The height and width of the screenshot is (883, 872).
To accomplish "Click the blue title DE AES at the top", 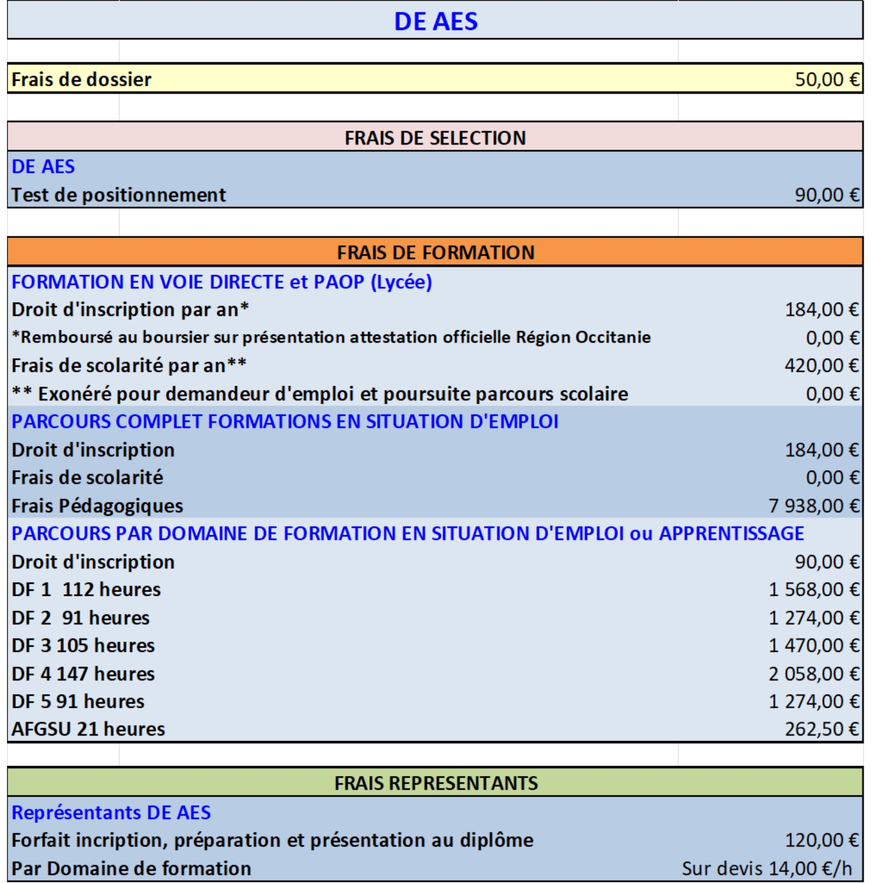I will point(435,21).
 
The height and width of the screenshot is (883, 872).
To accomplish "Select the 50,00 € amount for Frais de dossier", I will point(827,80).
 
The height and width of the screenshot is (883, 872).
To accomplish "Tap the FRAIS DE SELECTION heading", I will point(435,138).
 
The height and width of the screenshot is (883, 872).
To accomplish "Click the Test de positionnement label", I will point(119,195).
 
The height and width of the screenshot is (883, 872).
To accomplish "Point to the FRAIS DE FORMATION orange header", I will point(435,253).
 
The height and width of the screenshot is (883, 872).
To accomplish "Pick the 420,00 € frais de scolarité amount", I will point(821,365).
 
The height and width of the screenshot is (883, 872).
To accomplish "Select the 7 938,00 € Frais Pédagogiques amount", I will point(814,506).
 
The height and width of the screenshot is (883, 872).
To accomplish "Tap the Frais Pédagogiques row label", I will point(97,506).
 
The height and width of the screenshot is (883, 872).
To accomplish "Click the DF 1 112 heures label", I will point(86,590).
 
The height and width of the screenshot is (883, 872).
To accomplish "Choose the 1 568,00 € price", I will point(814,590).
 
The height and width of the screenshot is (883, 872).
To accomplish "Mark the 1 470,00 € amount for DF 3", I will point(814,645).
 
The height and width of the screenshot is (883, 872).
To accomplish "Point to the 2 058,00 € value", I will point(814,674).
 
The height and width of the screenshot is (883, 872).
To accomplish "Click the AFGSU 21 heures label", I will point(88,730).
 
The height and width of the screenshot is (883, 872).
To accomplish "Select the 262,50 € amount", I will point(821,730).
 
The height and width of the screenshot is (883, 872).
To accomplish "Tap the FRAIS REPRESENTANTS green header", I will point(435,784).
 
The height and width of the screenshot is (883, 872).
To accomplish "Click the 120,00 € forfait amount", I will point(821,840).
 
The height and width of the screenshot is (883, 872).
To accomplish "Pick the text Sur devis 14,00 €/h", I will point(767,868).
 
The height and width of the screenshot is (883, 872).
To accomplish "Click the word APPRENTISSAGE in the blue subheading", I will point(732,534).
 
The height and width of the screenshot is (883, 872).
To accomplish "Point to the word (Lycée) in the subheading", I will point(401,282).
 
